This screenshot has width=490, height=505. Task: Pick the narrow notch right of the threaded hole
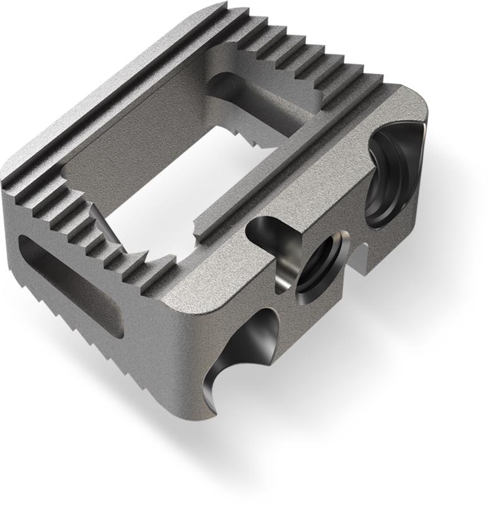360,258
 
